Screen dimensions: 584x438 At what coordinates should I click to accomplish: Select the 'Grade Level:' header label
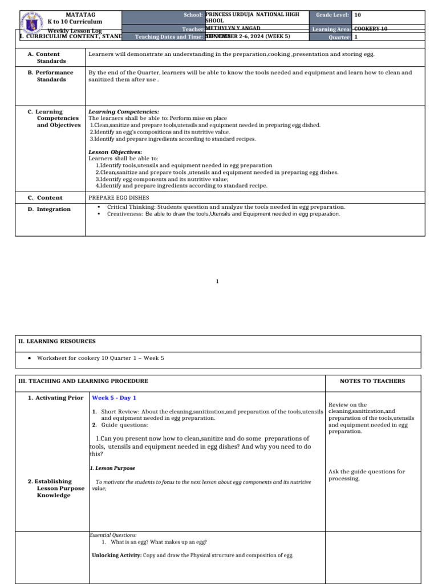(331, 14)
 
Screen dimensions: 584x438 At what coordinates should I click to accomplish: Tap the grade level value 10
(357, 15)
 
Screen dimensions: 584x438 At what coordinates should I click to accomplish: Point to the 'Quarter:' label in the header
(339, 37)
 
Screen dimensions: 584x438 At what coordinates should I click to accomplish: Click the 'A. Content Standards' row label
(50, 58)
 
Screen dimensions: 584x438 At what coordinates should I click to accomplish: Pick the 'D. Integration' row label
(49, 209)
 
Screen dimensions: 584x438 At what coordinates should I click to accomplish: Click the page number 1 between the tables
(217, 281)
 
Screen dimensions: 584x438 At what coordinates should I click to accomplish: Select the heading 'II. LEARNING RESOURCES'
(57, 341)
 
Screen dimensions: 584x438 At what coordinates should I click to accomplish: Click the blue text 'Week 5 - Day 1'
(114, 398)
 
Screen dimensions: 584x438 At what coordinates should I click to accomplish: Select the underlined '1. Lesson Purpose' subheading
(112, 468)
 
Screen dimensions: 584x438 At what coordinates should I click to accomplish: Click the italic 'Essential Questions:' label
(113, 536)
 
